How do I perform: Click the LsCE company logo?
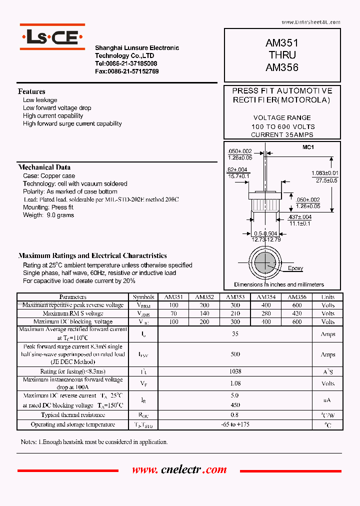52,37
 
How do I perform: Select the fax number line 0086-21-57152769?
127,71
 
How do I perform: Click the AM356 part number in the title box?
282,67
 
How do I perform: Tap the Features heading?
31,91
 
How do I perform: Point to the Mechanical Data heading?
44,167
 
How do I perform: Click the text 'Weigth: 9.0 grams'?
48,215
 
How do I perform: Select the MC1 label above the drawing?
308,147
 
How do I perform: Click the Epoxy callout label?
295,268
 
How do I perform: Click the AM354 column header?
266,297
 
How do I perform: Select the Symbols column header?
143,297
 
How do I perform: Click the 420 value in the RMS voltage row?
297,313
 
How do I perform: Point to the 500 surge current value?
235,354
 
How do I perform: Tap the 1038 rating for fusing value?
234,371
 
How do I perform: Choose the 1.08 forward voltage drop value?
234,383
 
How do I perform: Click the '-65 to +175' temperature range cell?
235,424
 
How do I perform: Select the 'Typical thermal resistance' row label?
72,415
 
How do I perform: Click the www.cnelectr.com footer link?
179,470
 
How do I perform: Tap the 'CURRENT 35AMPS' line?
282,135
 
